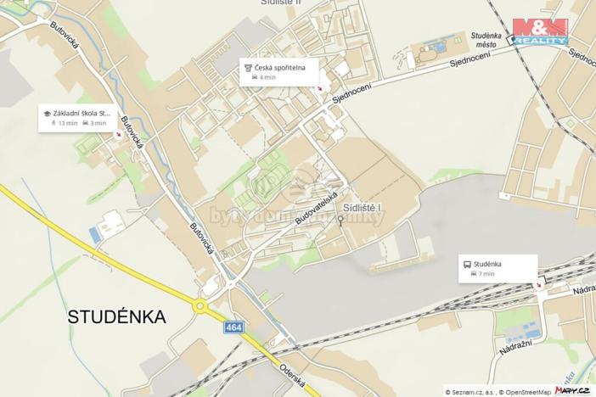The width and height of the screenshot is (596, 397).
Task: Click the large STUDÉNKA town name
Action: pos(117,317)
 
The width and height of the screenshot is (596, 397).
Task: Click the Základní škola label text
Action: pos(82,112)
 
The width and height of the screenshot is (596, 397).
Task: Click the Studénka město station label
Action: pos(487,39)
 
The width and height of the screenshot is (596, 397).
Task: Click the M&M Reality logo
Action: pos(540,31)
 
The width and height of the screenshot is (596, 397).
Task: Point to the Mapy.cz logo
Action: pos(573,389)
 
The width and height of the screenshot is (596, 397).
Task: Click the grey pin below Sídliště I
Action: pos(341,221)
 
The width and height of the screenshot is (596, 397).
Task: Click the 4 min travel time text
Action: pos(267,77)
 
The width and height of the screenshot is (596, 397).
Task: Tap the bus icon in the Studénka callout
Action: pos(467,264)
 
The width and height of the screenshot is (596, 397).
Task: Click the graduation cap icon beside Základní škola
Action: pos(48,112)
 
